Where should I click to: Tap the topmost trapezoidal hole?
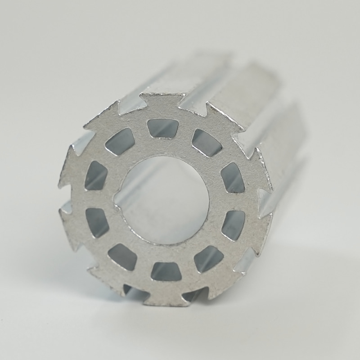click(163, 128)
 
